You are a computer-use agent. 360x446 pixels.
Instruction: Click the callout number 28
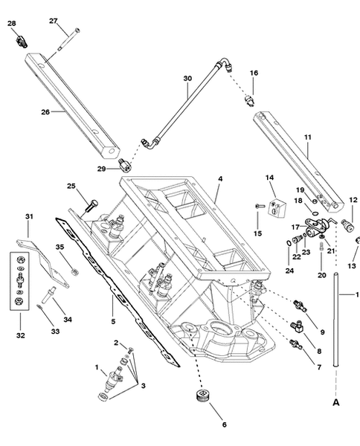pyautogui.click(x=12, y=23)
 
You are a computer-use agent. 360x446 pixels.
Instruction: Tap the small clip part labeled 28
pyautogui.click(x=22, y=42)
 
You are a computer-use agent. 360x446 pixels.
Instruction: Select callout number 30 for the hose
pyautogui.click(x=187, y=78)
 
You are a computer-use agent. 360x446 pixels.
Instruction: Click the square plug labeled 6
pyautogui.click(x=203, y=395)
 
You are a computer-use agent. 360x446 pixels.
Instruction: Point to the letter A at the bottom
pyautogui.click(x=336, y=402)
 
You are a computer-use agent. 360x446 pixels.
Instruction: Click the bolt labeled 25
pyautogui.click(x=91, y=206)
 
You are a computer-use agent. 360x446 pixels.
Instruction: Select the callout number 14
pyautogui.click(x=269, y=178)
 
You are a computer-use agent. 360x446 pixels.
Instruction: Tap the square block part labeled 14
pyautogui.click(x=277, y=207)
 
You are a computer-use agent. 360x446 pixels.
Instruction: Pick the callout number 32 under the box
pyautogui.click(x=21, y=335)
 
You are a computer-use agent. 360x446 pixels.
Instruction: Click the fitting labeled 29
pyautogui.click(x=125, y=165)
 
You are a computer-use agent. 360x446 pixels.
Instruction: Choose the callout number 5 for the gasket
pyautogui.click(x=113, y=322)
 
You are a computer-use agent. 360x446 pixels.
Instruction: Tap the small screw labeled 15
pyautogui.click(x=260, y=206)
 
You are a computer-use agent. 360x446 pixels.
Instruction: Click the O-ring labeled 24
pyautogui.click(x=289, y=243)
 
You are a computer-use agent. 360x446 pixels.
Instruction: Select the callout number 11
pyautogui.click(x=308, y=137)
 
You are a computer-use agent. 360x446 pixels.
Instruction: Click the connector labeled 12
pyautogui.click(x=348, y=225)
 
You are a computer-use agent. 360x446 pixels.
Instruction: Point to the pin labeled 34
pyautogui.click(x=48, y=295)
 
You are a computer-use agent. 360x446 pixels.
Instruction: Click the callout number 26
pyautogui.click(x=45, y=112)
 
